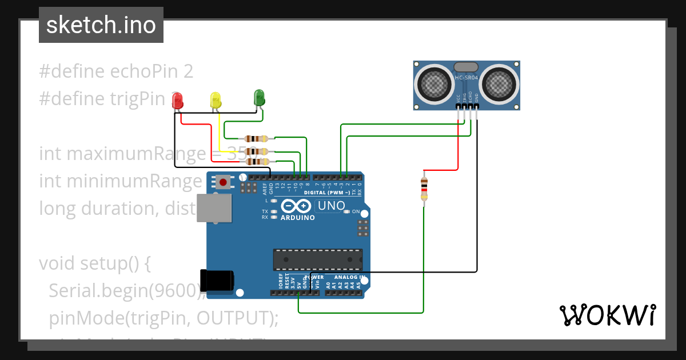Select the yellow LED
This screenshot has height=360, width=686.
pyautogui.click(x=215, y=101)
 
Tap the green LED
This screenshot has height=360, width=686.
pyautogui.click(x=259, y=97)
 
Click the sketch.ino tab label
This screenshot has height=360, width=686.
pyautogui.click(x=101, y=26)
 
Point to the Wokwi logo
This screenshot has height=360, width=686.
pyautogui.click(x=607, y=315)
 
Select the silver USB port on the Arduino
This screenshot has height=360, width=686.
pyautogui.click(x=214, y=207)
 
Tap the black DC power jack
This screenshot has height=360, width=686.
pyautogui.click(x=217, y=281)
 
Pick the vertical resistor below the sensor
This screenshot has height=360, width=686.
pyautogui.click(x=424, y=189)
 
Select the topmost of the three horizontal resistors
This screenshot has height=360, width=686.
pyautogui.click(x=256, y=138)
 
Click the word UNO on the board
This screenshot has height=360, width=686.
pyautogui.click(x=331, y=206)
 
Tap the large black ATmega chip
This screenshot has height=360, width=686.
pyautogui.click(x=317, y=259)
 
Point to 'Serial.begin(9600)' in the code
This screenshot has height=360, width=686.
pyautogui.click(x=126, y=291)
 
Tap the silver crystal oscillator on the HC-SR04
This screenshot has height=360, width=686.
pyautogui.click(x=466, y=67)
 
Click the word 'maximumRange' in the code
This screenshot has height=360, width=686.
pyautogui.click(x=142, y=154)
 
